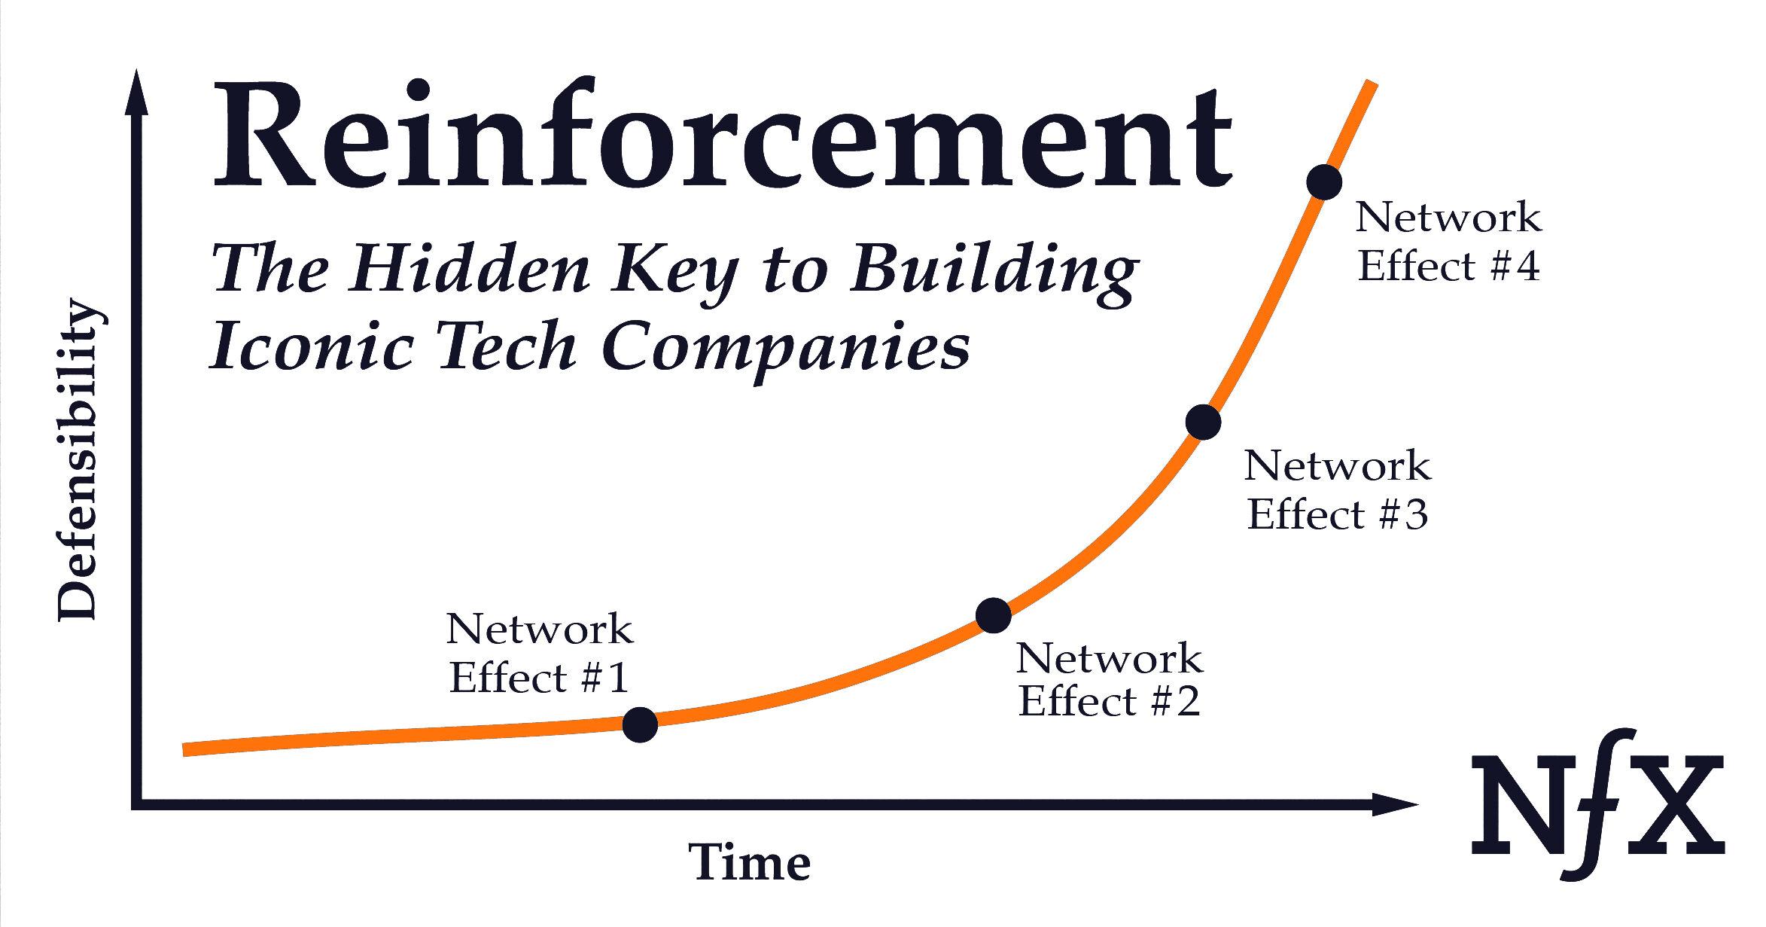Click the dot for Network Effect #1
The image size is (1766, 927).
pos(640,724)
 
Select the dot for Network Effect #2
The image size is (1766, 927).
pos(993,615)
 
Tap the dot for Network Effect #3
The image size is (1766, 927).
pos(1202,422)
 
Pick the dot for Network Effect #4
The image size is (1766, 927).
pos(1324,182)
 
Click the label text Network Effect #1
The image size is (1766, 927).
pos(539,654)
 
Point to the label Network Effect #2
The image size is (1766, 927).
pos(1109,679)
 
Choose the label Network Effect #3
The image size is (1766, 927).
pos(1337,489)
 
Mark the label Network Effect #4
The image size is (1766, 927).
pos(1448,242)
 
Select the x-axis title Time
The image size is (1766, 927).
pos(750,862)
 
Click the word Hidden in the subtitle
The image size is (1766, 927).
pos(466,269)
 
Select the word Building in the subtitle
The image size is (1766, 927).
pos(993,274)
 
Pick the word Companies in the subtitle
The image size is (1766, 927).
pos(786,352)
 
